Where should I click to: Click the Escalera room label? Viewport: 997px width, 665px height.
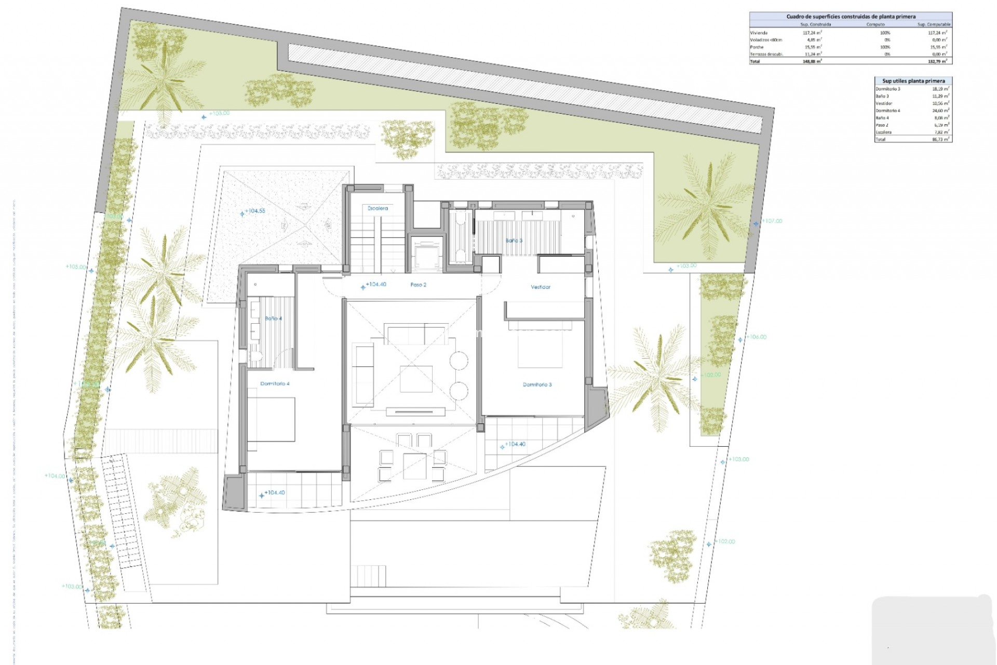(x=378, y=208)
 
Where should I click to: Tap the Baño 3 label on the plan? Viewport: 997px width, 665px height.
(x=514, y=241)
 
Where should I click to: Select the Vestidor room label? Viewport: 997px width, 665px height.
(x=540, y=287)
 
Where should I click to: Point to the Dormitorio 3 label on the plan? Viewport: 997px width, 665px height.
(x=537, y=384)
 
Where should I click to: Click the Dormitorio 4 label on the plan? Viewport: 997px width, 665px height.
(x=275, y=384)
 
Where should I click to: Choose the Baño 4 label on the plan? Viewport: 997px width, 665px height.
(x=273, y=318)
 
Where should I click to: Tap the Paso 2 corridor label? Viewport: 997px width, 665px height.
(x=418, y=285)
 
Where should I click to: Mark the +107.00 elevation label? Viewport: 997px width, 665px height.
(x=772, y=221)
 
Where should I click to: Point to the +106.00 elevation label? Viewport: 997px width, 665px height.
(x=757, y=337)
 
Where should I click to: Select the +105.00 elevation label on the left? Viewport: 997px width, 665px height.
(x=76, y=267)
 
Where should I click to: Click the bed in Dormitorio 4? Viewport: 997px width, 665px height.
(x=271, y=423)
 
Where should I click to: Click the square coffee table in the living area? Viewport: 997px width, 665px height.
(x=416, y=379)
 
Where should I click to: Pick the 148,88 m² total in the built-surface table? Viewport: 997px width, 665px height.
(x=812, y=61)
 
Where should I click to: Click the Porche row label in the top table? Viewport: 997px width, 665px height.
(x=757, y=47)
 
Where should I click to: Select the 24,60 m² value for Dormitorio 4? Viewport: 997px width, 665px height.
(x=940, y=111)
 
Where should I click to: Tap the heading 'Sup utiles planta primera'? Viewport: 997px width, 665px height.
(x=913, y=81)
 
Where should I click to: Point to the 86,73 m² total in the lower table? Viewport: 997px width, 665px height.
(x=940, y=140)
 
